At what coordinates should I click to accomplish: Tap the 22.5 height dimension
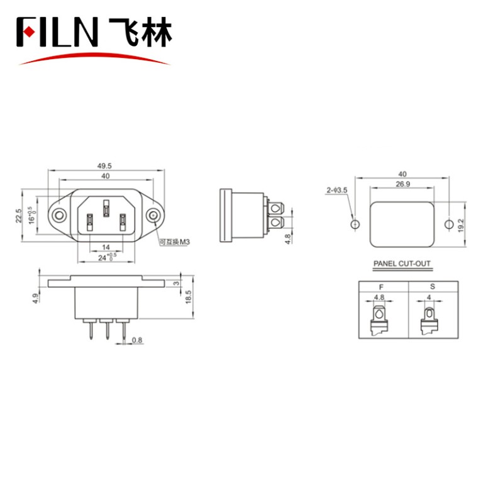19,216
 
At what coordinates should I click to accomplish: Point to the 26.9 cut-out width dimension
402,184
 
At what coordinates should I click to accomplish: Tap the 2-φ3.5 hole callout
336,190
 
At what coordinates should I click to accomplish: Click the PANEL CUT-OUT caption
402,265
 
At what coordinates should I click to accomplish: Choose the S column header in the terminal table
431,286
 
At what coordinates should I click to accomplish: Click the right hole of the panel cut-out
449,224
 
